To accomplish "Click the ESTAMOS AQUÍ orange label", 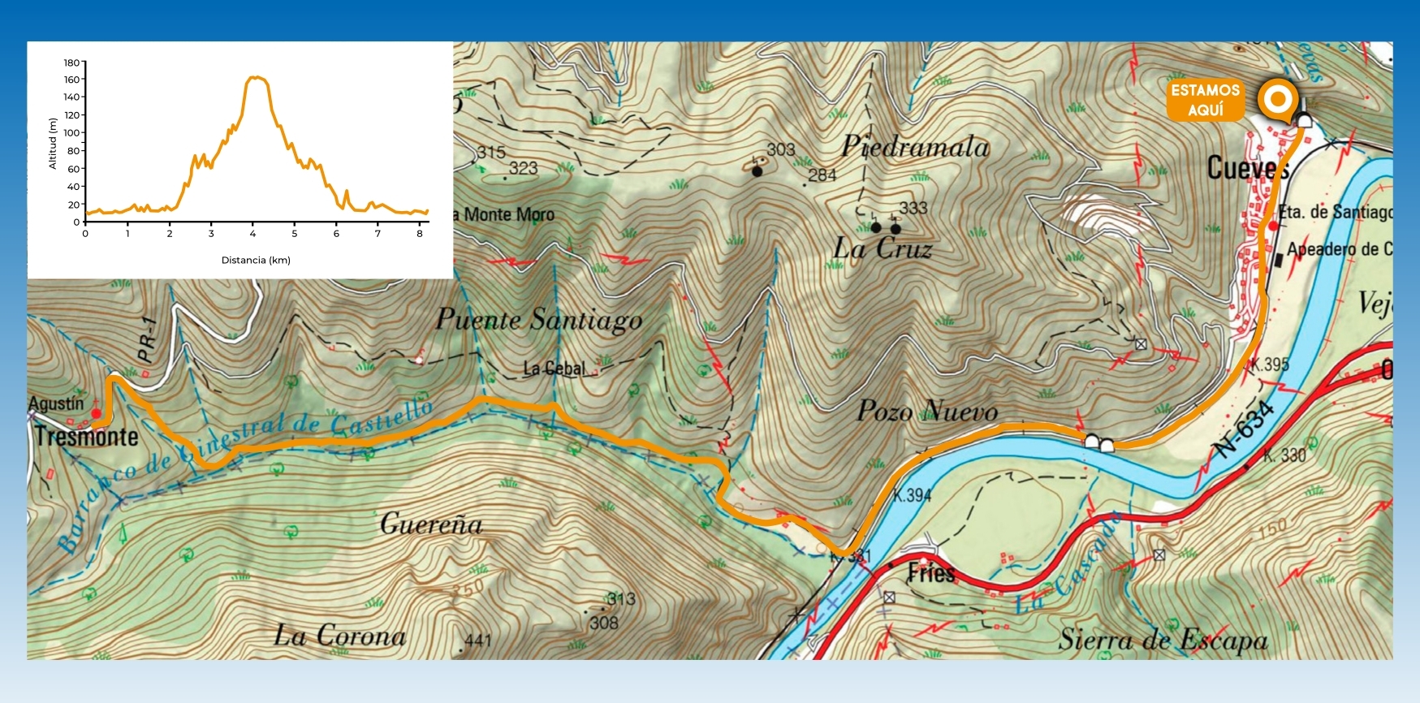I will click(1206, 100).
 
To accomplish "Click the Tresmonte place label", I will click(87, 437).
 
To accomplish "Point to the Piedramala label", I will click(915, 147).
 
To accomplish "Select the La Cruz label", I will click(883, 248).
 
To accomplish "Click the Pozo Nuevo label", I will click(927, 411).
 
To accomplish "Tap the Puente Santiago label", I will click(539, 320).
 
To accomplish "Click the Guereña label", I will click(431, 524).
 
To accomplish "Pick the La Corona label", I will click(339, 636).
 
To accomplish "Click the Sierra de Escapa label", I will click(1163, 640).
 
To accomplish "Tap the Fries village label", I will click(931, 573).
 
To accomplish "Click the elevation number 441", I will click(478, 640).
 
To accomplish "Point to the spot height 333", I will click(913, 208).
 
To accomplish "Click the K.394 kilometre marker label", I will click(912, 495).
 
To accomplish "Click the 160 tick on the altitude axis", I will click(72, 80).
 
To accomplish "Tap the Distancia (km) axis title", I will click(256, 261).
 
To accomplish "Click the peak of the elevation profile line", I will click(255, 77).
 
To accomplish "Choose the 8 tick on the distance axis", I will click(420, 234).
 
